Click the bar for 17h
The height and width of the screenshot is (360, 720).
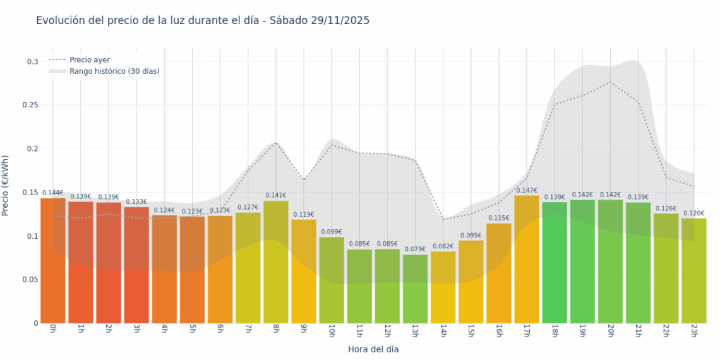pos(527,259)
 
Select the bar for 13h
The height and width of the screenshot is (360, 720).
pos(415,289)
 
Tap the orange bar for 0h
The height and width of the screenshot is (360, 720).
pos(53,260)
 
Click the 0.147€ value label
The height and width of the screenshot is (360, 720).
pos(527,191)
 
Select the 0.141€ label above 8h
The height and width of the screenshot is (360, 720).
pos(276,196)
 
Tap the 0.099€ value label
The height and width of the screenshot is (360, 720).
pos(332,232)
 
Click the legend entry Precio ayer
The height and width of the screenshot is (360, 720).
pos(90,59)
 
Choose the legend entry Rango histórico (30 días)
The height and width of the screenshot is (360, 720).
pos(114,71)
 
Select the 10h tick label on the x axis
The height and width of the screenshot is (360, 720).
pos(332,331)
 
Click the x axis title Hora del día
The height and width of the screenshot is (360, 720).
pos(373,349)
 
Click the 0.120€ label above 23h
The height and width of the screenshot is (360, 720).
pos(694,213)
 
